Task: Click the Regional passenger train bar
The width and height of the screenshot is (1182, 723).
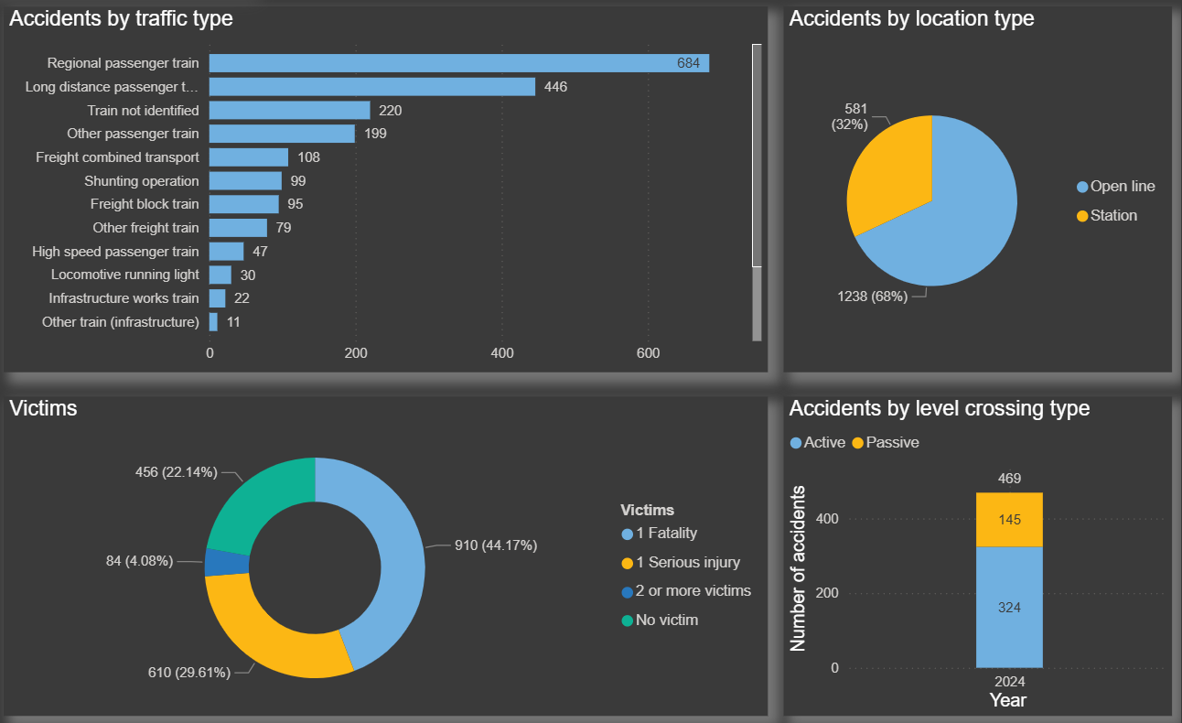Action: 457,63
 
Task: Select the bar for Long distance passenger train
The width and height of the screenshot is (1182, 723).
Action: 371,87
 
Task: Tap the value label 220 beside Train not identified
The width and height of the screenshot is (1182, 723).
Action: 391,111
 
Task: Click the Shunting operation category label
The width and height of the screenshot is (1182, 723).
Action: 141,181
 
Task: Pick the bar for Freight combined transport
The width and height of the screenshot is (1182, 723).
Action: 249,157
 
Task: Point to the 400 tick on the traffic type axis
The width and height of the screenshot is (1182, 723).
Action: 501,353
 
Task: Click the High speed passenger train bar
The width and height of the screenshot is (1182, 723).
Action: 227,252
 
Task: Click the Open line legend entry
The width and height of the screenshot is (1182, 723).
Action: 1122,187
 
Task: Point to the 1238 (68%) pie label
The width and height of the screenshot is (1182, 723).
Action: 873,297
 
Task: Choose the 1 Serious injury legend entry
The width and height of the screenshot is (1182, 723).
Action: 687,563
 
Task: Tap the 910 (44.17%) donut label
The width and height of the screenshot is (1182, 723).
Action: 495,545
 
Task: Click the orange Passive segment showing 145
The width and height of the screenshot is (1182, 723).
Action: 1009,520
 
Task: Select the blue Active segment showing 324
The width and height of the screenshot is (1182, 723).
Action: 1009,607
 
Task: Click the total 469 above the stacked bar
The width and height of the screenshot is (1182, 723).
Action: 1009,479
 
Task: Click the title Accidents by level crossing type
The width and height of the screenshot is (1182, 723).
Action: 939,408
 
